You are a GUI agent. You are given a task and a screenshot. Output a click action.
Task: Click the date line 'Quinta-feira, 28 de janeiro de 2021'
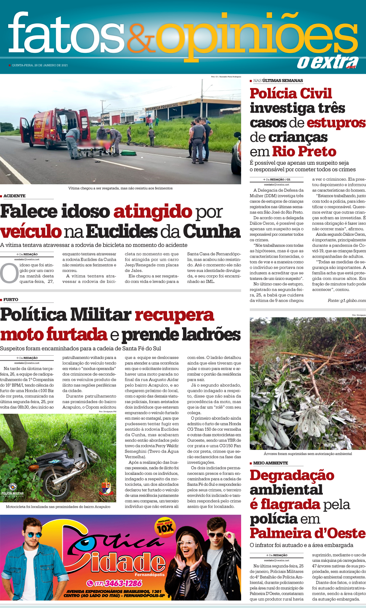[40, 65]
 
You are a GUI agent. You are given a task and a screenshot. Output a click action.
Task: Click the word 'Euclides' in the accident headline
[122, 232]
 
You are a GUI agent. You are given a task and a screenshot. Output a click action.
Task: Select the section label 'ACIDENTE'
[14, 196]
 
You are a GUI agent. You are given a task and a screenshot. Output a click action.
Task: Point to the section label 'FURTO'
[11, 300]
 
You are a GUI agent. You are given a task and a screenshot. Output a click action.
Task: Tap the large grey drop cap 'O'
[9, 273]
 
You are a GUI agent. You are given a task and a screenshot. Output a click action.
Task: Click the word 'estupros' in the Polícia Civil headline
[336, 123]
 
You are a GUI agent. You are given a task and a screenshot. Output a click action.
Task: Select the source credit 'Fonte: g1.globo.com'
[346, 301]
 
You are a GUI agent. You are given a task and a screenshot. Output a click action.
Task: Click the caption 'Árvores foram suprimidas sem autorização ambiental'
[308, 454]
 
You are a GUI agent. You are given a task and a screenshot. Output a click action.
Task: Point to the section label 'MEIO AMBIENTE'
[270, 463]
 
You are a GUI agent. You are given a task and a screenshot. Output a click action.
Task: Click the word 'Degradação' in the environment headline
[292, 475]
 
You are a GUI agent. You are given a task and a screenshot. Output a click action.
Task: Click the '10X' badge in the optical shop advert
[165, 528]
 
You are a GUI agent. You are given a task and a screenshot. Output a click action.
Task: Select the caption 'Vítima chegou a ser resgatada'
[120, 188]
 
